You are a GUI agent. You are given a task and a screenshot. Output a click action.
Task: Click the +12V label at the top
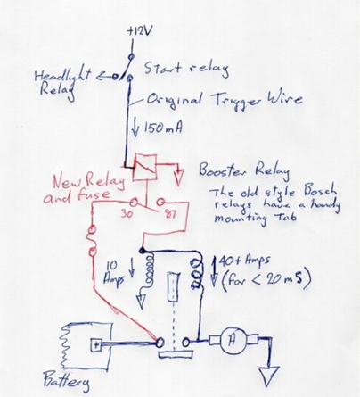[138, 32]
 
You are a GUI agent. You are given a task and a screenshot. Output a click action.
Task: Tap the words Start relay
[186, 69]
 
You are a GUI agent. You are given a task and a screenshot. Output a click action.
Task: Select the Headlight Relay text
[61, 84]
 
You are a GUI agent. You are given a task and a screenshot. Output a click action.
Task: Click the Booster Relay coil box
[144, 167]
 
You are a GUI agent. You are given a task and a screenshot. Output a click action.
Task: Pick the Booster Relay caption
[243, 170]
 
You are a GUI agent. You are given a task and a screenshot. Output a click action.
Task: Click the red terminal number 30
[127, 213]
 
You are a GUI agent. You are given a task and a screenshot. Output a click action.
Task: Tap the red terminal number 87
[169, 213]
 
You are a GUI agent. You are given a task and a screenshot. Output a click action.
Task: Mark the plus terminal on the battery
[96, 345]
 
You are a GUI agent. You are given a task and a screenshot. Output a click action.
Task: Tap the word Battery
[66, 381]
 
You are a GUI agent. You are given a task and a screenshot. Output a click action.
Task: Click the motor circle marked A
[233, 341]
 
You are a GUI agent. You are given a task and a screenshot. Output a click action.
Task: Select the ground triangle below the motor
[269, 376]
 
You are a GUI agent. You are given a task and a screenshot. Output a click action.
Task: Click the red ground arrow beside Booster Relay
[179, 177]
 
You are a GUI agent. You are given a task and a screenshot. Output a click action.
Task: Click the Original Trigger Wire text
[225, 100]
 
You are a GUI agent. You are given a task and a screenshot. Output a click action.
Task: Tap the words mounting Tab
[255, 219]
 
